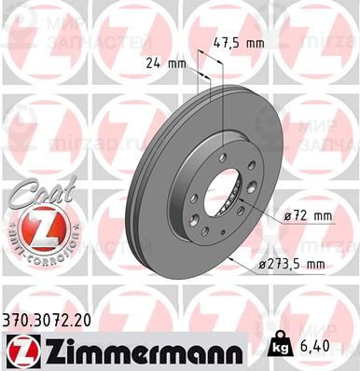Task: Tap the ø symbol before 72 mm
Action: tap(288, 217)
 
